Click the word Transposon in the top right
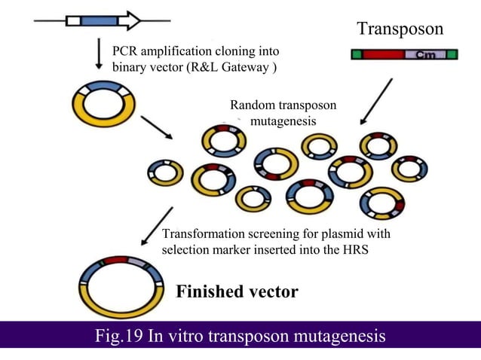[400, 29]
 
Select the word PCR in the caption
[125, 51]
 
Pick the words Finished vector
[237, 291]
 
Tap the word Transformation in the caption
[201, 234]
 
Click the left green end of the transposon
[357, 55]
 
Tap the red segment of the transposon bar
[383, 55]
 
